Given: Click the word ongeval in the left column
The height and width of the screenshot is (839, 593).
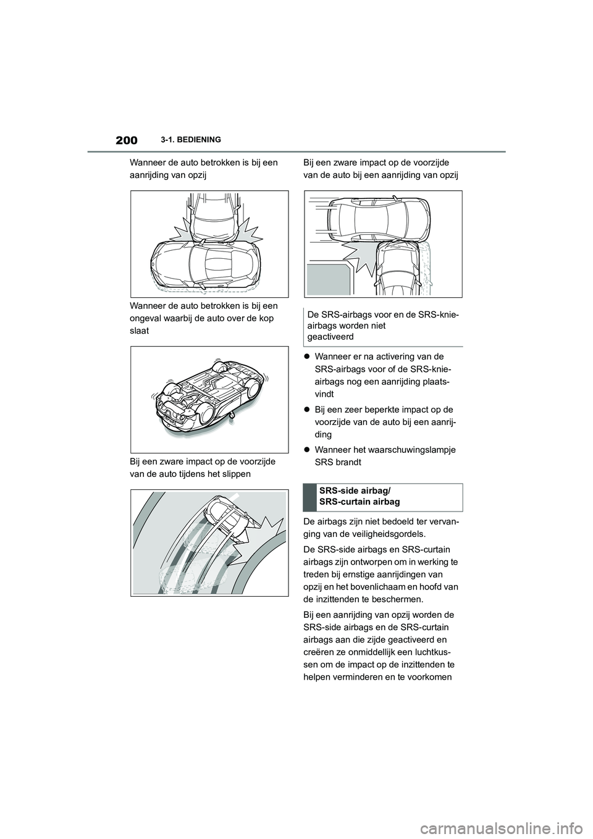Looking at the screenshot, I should click(146, 318).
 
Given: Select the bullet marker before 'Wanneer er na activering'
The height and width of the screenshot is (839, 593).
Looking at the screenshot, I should click(307, 356).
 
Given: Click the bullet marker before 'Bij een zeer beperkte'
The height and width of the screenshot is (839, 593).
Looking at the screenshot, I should click(307, 410).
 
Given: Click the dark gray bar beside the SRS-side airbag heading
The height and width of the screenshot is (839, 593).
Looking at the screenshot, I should click(309, 497).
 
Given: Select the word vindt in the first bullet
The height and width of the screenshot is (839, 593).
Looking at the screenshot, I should click(324, 394).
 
